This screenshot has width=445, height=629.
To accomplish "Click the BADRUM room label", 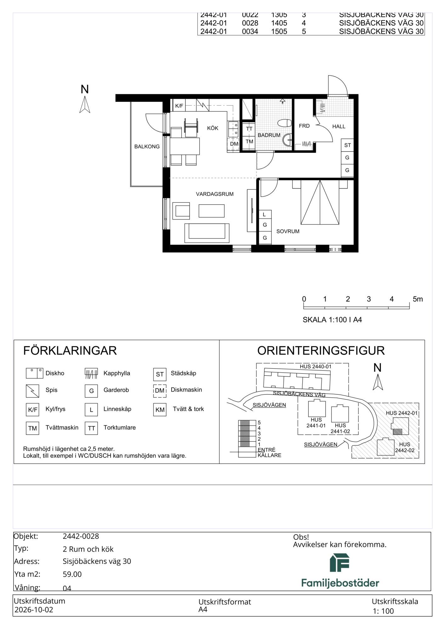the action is pyautogui.click(x=269, y=135).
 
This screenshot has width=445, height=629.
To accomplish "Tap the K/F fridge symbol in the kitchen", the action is pyautogui.click(x=179, y=106).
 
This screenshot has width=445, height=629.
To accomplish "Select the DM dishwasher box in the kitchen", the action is pyautogui.click(x=234, y=144).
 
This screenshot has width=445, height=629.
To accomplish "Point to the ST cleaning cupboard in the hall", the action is pyautogui.click(x=347, y=145).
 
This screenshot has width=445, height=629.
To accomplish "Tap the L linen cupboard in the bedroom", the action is pyautogui.click(x=265, y=214).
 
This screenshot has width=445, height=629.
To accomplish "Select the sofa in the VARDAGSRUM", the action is pyautogui.click(x=207, y=233).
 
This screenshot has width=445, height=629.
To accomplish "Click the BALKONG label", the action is pyautogui.click(x=147, y=147).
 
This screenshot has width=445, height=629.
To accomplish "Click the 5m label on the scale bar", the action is pyautogui.click(x=418, y=299).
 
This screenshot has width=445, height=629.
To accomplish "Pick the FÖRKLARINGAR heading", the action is pyautogui.click(x=70, y=351).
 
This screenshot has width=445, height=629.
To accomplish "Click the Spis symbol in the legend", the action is pyautogui.click(x=32, y=391).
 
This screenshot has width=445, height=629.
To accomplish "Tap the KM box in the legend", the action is pyautogui.click(x=160, y=410).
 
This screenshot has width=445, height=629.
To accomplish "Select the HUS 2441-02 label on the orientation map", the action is pyautogui.click(x=340, y=428).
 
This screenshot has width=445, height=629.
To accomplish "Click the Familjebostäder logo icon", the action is pyautogui.click(x=340, y=563).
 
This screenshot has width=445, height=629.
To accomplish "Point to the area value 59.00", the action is pyautogui.click(x=72, y=574).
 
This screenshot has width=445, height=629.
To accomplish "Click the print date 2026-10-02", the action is pyautogui.click(x=34, y=610).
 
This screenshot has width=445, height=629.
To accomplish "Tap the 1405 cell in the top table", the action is pyautogui.click(x=279, y=23).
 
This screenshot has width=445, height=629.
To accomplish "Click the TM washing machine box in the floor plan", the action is pyautogui.click(x=249, y=142).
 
